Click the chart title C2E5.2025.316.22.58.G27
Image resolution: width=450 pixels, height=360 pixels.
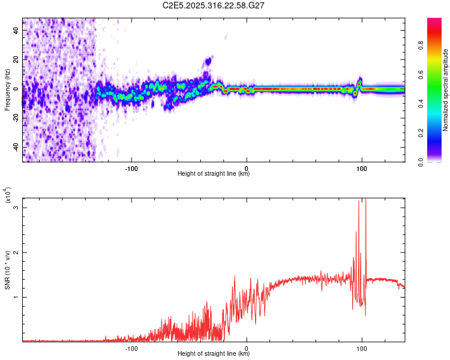(x=214, y=5)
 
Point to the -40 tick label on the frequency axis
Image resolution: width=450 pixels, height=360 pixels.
(x=15, y=147)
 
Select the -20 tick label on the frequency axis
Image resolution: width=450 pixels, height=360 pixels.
(x=15, y=118)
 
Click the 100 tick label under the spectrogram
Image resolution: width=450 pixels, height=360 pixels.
(x=361, y=167)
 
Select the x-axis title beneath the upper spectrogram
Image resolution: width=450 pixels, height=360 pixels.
(x=214, y=174)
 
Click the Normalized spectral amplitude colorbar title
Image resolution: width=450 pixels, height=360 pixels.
(x=445, y=89)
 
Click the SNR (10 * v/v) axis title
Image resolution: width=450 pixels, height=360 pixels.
(x=8, y=270)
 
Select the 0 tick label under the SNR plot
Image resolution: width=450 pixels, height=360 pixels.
(x=247, y=347)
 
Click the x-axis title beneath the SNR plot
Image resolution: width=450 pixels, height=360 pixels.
(x=214, y=354)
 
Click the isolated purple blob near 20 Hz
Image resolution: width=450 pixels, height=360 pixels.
(x=208, y=61)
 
